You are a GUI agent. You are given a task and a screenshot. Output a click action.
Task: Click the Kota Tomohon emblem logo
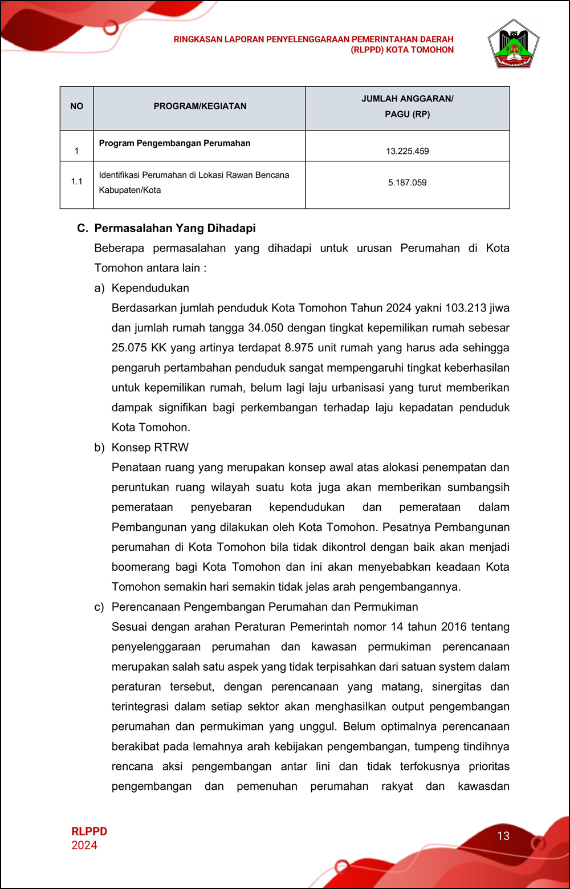click(514, 44)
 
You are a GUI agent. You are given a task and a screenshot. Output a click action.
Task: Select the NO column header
click(77, 106)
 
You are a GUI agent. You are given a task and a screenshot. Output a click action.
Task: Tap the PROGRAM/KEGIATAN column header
click(200, 106)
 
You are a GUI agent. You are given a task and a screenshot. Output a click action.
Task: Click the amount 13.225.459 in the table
click(407, 151)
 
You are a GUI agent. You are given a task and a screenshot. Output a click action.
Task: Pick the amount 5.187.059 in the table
click(407, 182)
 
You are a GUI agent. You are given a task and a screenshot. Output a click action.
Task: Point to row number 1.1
click(77, 181)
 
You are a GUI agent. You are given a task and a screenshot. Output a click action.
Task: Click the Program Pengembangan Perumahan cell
click(174, 143)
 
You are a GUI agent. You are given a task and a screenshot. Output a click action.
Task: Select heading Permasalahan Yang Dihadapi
click(174, 228)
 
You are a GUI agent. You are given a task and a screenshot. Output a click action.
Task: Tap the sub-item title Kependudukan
click(150, 288)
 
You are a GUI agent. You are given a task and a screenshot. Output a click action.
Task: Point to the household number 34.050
click(266, 328)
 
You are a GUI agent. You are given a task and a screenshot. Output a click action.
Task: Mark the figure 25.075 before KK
click(129, 348)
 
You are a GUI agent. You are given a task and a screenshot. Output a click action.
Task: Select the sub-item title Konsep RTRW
click(150, 448)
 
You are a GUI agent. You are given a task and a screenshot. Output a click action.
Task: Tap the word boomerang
click(140, 567)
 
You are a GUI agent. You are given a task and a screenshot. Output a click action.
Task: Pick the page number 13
click(503, 836)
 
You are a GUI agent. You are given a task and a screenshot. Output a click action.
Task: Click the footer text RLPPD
click(89, 831)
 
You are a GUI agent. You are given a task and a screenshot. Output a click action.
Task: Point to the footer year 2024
click(84, 845)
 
